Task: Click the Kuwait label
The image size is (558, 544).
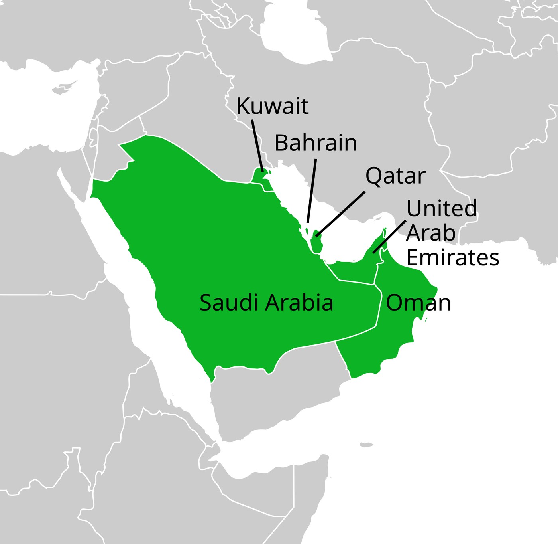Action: pyautogui.click(x=272, y=106)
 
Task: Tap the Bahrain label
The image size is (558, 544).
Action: pyautogui.click(x=316, y=143)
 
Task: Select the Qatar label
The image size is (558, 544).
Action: pyautogui.click(x=395, y=176)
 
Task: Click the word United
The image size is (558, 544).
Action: pyautogui.click(x=442, y=208)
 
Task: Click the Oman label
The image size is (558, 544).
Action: pyautogui.click(x=418, y=303)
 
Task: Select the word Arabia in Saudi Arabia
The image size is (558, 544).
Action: pyautogui.click(x=299, y=303)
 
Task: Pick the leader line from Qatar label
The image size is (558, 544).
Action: pyautogui.click(x=341, y=214)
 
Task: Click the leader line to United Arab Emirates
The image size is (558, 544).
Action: pyautogui.click(x=389, y=237)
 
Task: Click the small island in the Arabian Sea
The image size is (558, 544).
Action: pyautogui.click(x=365, y=445)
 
